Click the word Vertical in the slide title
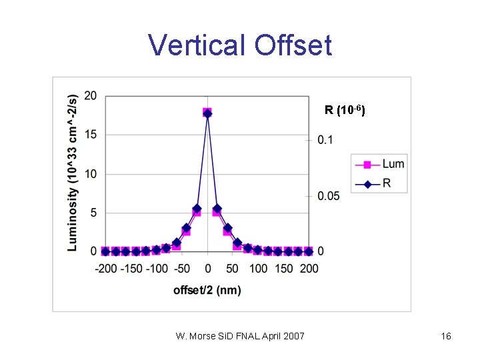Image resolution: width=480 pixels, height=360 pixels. click(x=197, y=45)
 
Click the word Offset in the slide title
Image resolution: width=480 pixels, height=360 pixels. click(x=293, y=45)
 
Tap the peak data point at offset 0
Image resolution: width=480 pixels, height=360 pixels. click(x=207, y=113)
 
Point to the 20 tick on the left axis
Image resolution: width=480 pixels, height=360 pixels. click(x=91, y=96)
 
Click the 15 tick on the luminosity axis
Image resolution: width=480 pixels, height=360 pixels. click(x=91, y=135)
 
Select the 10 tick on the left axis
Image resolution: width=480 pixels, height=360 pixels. click(x=91, y=174)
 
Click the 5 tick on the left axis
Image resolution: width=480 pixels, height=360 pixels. click(x=93, y=213)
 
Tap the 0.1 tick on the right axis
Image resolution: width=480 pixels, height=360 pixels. click(x=326, y=141)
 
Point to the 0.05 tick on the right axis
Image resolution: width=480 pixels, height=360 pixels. click(x=329, y=196)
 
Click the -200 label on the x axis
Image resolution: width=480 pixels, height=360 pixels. click(x=106, y=268)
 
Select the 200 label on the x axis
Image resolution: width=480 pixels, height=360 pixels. click(x=309, y=268)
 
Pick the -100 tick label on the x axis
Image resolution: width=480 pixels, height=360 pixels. click(x=157, y=268)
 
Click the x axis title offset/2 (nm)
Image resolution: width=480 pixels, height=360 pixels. click(x=207, y=289)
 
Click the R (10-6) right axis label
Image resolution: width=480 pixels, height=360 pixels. click(x=344, y=110)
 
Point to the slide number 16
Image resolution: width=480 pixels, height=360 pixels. click(x=446, y=336)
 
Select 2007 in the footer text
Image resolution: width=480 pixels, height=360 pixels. click(x=293, y=336)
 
